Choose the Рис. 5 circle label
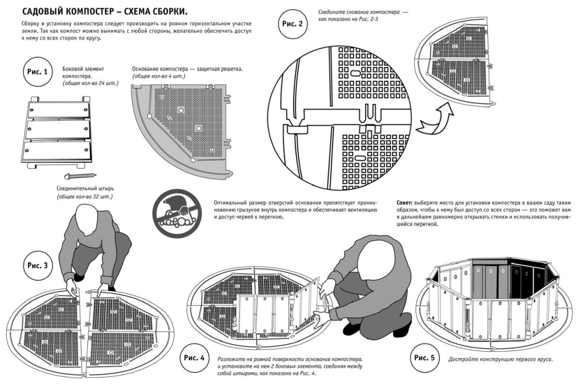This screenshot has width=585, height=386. tap(424, 358)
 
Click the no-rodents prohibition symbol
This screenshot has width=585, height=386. tap(177, 209)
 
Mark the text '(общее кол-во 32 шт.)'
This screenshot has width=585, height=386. tap(85, 197)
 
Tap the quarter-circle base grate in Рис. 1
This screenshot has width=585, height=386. tap(183, 126)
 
